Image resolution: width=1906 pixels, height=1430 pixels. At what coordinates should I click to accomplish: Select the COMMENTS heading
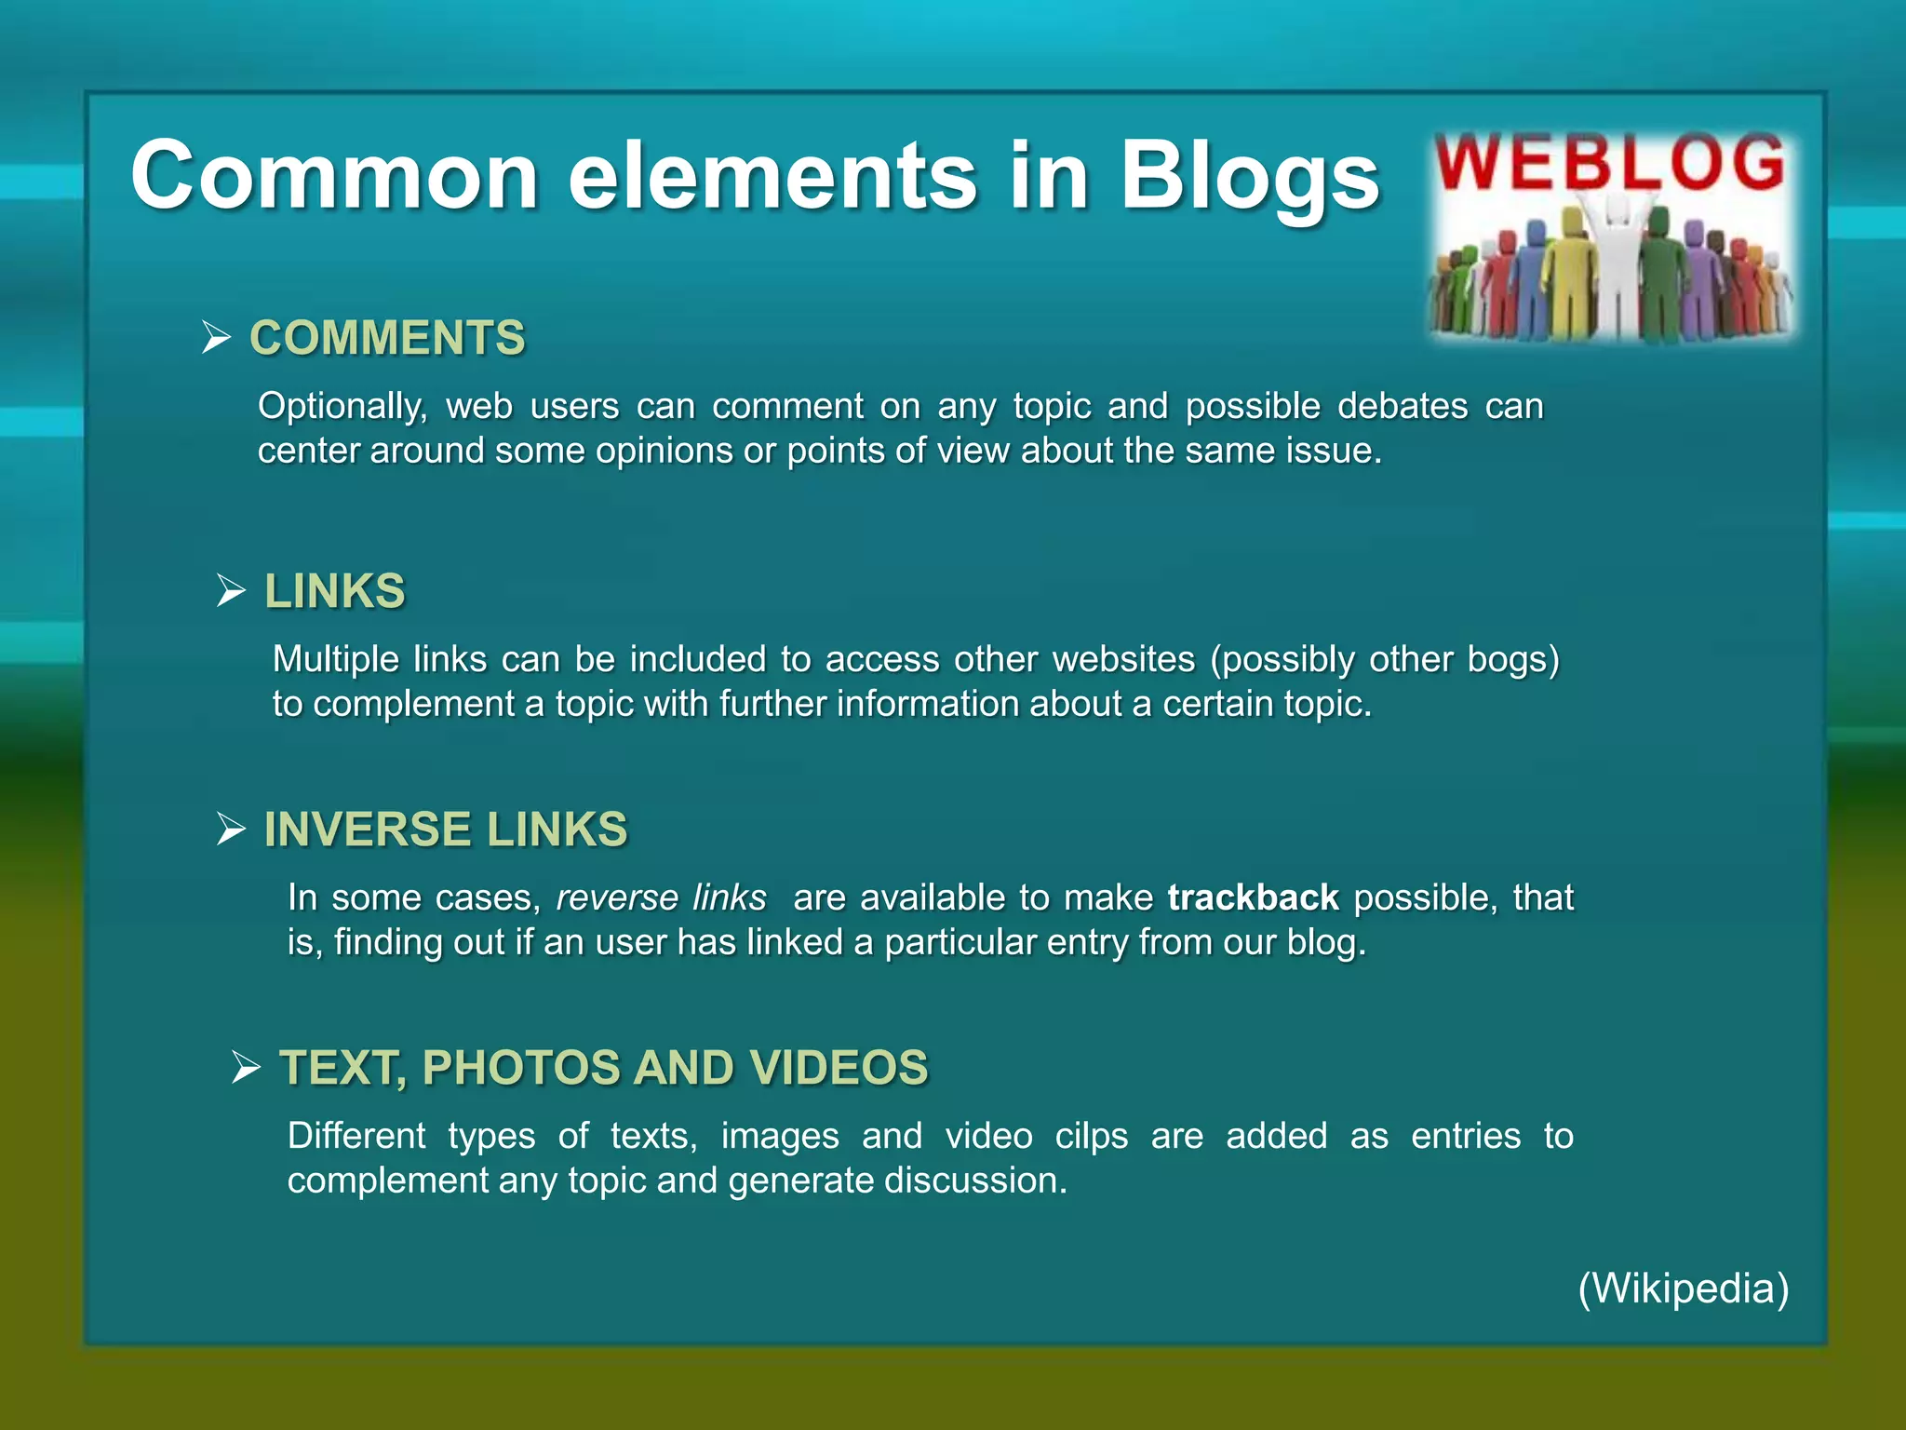click(387, 337)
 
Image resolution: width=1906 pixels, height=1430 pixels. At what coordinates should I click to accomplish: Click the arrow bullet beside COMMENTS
click(216, 337)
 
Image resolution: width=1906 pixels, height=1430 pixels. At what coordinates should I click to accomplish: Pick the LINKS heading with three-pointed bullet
click(335, 590)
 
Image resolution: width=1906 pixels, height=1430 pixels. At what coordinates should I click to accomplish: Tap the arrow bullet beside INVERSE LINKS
click(231, 829)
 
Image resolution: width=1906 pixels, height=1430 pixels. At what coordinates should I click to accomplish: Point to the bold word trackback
click(1253, 897)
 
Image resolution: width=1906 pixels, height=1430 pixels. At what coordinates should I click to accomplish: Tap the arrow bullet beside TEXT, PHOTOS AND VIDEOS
click(246, 1067)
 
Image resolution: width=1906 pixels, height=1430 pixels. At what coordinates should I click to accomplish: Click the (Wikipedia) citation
click(1684, 1288)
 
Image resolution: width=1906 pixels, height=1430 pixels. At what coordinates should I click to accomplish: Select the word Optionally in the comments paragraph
click(342, 406)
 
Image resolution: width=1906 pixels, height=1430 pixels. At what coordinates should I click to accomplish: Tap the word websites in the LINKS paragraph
click(1123, 659)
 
